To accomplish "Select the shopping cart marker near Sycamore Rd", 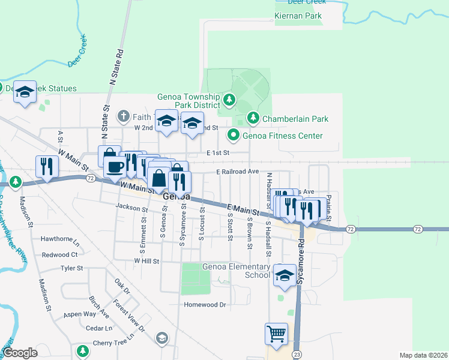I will (x=276, y=334).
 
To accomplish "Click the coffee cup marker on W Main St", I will (x=115, y=166).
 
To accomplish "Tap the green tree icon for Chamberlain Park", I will (x=253, y=118).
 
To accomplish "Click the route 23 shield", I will (x=297, y=355).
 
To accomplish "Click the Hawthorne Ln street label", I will (x=59, y=239).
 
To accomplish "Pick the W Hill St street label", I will (x=146, y=262).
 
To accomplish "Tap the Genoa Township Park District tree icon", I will (x=228, y=99).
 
